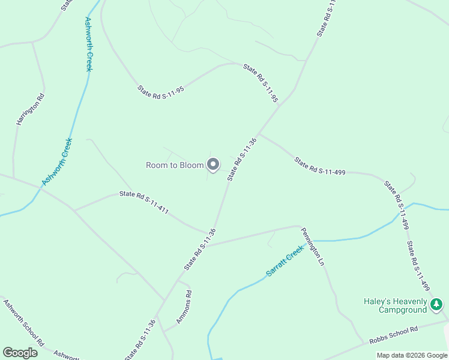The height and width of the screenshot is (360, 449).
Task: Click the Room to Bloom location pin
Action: pos(213,164)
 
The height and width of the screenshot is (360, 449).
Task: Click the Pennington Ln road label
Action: pos(313,246)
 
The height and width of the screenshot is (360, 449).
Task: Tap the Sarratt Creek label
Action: pos(286,263)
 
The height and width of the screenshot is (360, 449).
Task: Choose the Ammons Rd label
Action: pos(182,307)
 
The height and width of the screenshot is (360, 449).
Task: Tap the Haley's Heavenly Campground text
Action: pos(396,305)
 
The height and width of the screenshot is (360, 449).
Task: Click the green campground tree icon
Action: pos(438,306)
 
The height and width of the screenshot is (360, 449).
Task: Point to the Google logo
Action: pos(20,353)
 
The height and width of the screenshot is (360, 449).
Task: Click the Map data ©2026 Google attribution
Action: pos(412,355)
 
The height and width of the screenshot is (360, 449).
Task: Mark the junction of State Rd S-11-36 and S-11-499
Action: pos(259,134)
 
